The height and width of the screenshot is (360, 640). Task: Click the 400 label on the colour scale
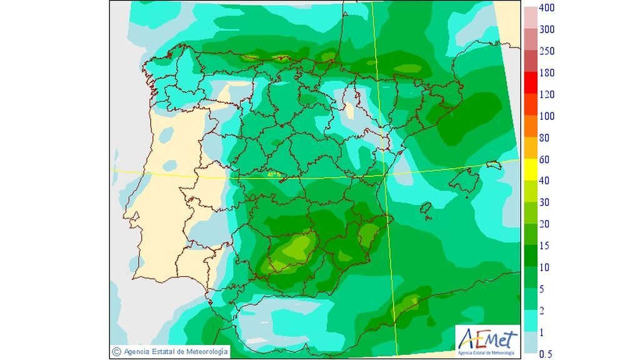(546, 7)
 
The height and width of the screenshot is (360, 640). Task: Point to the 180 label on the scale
(546, 72)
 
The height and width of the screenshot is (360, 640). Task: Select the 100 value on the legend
(546, 116)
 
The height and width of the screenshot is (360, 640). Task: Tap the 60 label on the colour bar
(544, 159)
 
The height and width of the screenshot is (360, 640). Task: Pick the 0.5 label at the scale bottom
(545, 354)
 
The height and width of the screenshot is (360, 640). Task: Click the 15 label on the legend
(544, 246)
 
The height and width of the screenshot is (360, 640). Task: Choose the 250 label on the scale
(546, 51)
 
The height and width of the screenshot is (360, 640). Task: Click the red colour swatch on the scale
(529, 83)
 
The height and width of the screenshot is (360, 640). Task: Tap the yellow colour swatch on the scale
(529, 170)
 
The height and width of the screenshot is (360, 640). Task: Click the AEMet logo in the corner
(487, 341)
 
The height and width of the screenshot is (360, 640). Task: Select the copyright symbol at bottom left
(116, 351)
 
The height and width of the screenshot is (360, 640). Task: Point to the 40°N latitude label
(273, 174)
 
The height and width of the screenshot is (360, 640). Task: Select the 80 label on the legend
(544, 137)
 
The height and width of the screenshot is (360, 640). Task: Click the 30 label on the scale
(544, 202)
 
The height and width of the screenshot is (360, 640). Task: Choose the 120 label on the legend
(546, 94)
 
